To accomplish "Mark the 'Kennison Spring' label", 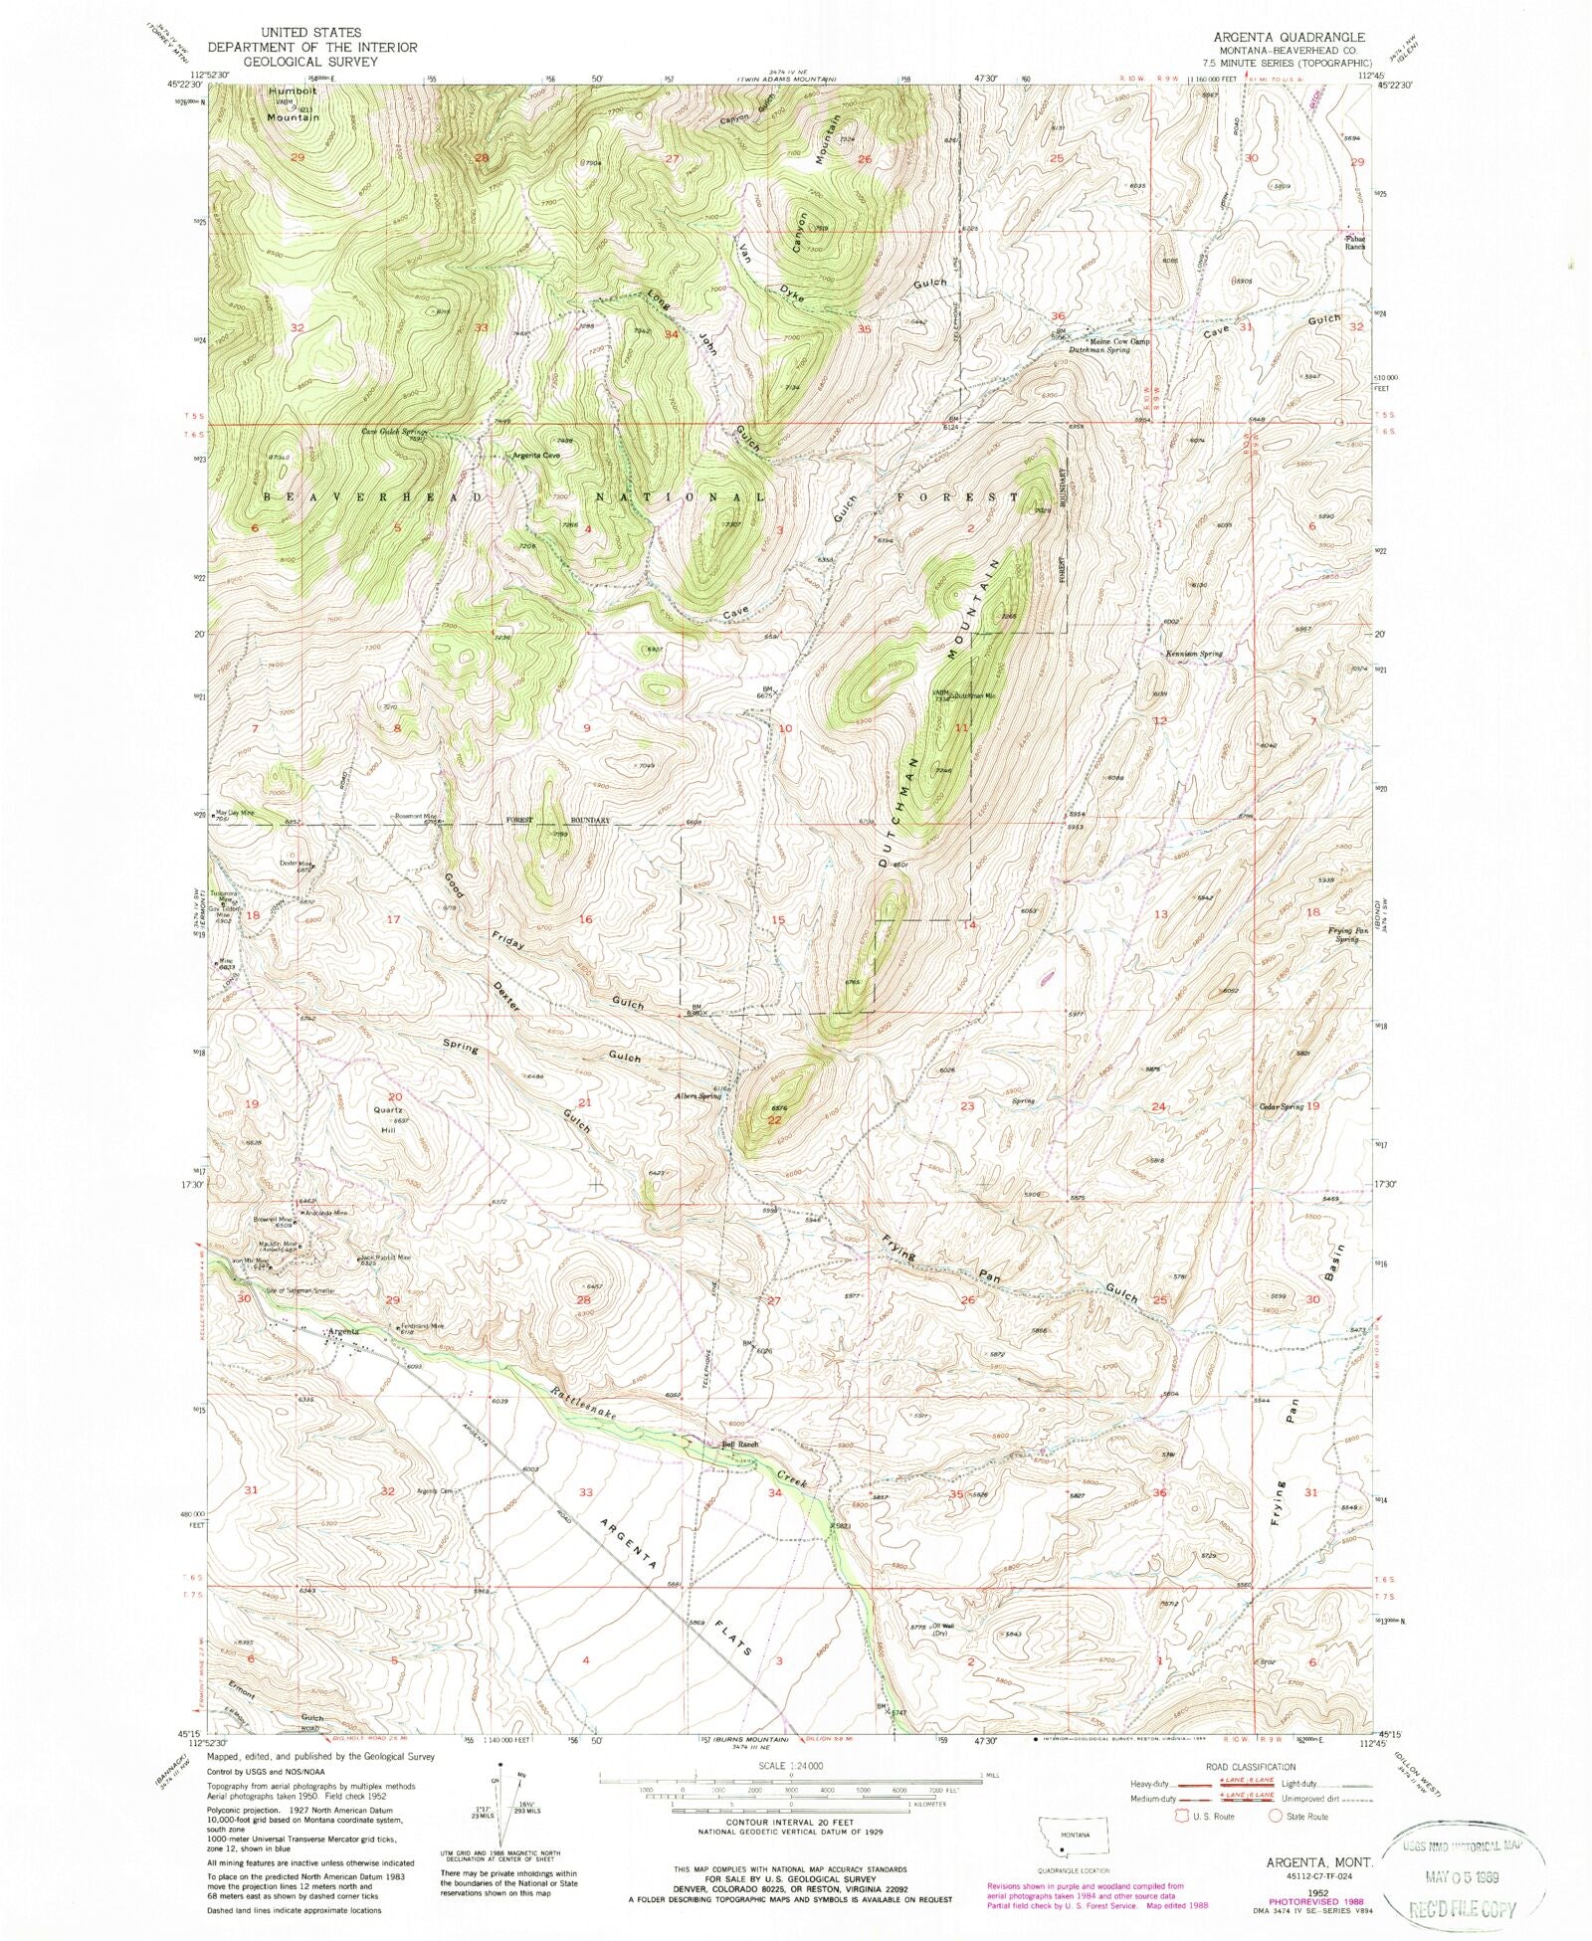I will (1193, 654).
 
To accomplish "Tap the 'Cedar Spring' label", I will (1281, 1106).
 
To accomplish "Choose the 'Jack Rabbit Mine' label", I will (387, 1258).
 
